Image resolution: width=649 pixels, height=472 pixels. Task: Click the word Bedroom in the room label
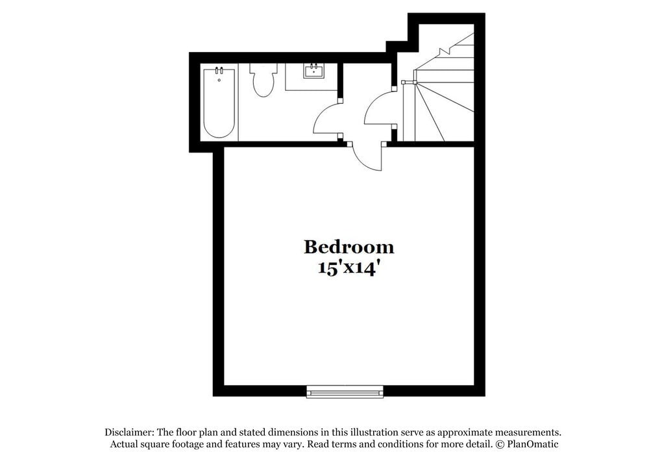(x=349, y=247)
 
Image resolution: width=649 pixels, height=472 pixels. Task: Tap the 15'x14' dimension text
(x=349, y=268)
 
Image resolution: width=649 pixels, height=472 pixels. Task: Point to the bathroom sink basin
(x=314, y=71)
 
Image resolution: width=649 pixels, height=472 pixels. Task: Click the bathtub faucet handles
(x=219, y=70)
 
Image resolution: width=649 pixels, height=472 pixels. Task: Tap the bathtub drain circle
(x=219, y=80)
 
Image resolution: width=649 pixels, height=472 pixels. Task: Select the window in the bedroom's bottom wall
(x=345, y=391)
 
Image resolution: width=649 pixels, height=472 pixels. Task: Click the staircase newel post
(x=404, y=82)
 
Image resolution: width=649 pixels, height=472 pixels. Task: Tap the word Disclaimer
(x=128, y=432)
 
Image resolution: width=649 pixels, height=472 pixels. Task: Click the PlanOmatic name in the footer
(x=533, y=444)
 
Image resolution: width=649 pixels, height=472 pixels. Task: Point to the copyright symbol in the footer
(x=500, y=444)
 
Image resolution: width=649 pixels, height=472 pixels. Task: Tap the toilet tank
(x=263, y=68)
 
